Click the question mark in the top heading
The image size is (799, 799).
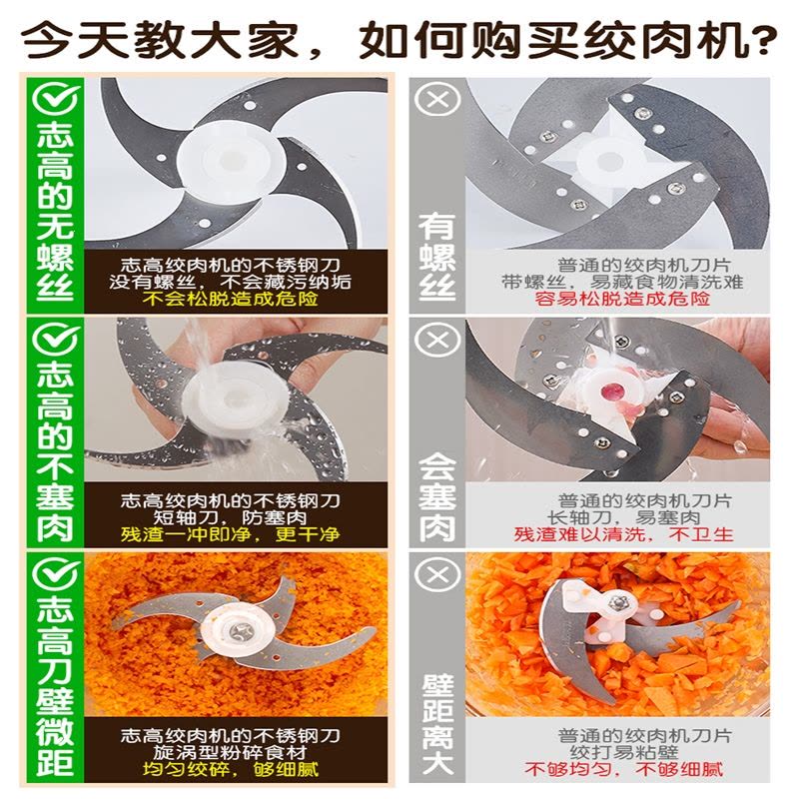759,40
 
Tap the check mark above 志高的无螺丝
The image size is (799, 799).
56,99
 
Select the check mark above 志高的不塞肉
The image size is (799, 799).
56,339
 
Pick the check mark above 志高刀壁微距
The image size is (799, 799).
56,574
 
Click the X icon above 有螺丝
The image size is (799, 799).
437,99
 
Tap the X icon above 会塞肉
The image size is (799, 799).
437,339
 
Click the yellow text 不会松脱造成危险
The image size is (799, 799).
231,299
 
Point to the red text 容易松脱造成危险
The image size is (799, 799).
622,299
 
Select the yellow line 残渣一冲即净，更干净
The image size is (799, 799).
231,534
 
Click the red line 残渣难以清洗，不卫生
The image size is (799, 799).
623,534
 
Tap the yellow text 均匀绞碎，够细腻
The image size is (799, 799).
231,769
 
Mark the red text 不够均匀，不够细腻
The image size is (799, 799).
623,769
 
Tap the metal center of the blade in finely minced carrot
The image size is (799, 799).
240,632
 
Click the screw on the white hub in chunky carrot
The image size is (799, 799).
619,602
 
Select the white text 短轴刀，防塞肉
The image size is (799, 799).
231,517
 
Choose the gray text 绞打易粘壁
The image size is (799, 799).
623,753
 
